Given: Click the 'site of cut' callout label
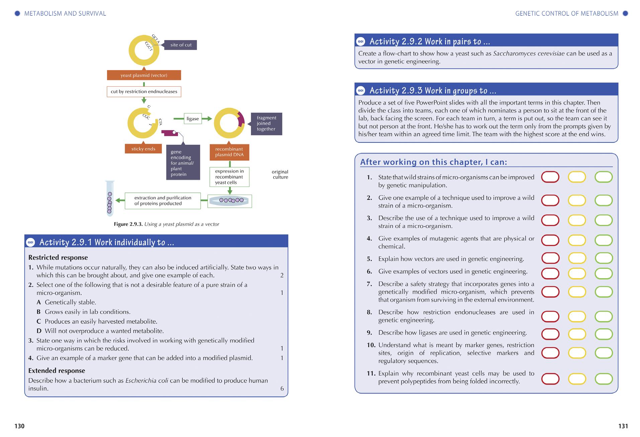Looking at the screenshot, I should click(x=181, y=45).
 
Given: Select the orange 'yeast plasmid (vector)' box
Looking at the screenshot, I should click(x=144, y=75).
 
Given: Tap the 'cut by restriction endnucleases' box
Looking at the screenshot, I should click(x=144, y=92).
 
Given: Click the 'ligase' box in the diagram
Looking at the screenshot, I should click(x=193, y=119).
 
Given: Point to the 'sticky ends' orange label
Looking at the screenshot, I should click(x=143, y=149).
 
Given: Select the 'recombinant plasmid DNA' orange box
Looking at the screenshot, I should click(x=230, y=152).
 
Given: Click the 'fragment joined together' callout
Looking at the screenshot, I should click(x=266, y=123).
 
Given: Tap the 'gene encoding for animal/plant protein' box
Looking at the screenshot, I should click(x=183, y=163).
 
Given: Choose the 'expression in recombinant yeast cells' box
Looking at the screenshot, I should click(x=230, y=177).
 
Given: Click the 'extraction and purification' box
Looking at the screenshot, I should click(x=163, y=201).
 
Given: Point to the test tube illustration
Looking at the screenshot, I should click(x=110, y=199).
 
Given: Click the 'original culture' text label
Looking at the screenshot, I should click(x=280, y=175).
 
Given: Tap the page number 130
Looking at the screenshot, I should click(x=19, y=426).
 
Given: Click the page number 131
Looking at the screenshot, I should click(x=623, y=426).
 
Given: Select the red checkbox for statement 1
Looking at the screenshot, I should click(x=550, y=177).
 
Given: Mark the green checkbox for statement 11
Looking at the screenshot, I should click(x=604, y=379).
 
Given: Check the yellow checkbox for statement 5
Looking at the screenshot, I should click(x=577, y=258).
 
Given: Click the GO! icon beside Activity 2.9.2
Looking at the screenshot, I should click(x=361, y=42).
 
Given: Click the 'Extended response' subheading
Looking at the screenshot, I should click(x=57, y=370).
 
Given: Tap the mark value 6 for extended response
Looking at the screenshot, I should click(x=282, y=389).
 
